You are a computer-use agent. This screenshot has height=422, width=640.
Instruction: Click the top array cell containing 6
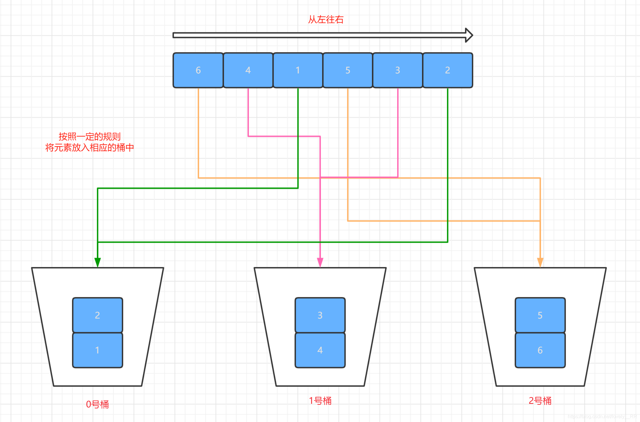pyautogui.click(x=198, y=70)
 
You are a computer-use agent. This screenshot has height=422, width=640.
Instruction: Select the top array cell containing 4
pyautogui.click(x=248, y=70)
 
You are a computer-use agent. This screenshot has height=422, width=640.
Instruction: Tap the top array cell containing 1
pyautogui.click(x=298, y=70)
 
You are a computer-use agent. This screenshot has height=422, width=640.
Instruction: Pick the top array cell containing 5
pyautogui.click(x=348, y=70)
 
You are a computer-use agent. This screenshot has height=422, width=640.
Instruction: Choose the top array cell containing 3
pyautogui.click(x=398, y=70)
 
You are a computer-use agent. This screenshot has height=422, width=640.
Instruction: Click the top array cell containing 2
pyautogui.click(x=448, y=70)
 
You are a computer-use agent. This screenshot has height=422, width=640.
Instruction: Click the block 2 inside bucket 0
pyautogui.click(x=97, y=315)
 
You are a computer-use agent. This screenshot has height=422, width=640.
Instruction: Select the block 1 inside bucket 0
pyautogui.click(x=97, y=350)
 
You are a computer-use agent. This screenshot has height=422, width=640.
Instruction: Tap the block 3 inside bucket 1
pyautogui.click(x=320, y=315)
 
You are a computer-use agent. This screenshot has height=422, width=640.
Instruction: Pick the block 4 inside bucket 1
pyautogui.click(x=320, y=350)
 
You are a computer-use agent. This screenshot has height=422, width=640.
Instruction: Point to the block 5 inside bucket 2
pyautogui.click(x=540, y=315)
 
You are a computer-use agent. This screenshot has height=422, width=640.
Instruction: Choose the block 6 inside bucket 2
pyautogui.click(x=540, y=350)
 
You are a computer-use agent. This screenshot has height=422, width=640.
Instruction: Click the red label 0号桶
pyautogui.click(x=97, y=404)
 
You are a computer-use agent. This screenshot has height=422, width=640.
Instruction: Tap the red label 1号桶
pyautogui.click(x=320, y=401)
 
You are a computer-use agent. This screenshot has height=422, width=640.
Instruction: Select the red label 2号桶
pyautogui.click(x=540, y=401)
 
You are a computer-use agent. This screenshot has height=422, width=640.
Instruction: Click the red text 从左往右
pyautogui.click(x=326, y=20)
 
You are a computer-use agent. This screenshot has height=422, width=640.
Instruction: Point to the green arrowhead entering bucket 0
pyautogui.click(x=97, y=262)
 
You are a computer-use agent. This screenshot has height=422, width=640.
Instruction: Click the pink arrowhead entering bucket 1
pyautogui.click(x=320, y=262)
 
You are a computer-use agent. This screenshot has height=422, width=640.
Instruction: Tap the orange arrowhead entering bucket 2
pyautogui.click(x=540, y=262)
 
